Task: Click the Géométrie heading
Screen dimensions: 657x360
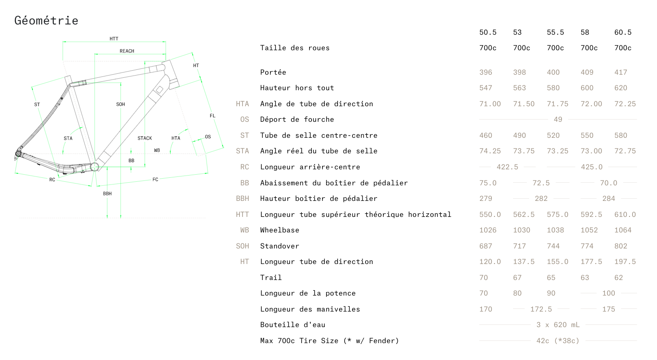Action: [46, 21]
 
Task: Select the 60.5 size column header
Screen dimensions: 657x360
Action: [623, 32]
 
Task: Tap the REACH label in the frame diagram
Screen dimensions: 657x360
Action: [127, 51]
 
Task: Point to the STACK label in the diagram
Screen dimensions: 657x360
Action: [145, 138]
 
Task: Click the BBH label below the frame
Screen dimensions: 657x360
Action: [107, 194]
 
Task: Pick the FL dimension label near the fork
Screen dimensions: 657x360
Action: [212, 116]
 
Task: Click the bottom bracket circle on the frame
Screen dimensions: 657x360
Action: [95, 167]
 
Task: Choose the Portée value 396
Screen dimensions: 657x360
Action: [486, 72]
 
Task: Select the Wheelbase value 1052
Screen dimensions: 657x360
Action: [589, 230]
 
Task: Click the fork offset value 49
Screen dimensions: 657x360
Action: [558, 120]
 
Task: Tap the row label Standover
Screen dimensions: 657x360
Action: [279, 246]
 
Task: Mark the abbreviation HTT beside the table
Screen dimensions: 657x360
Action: [242, 215]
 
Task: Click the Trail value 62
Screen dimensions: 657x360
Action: [619, 278]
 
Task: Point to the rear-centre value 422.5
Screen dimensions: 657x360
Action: [507, 167]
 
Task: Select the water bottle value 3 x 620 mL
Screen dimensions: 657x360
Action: [558, 325]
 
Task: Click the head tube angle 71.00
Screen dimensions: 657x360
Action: [490, 104]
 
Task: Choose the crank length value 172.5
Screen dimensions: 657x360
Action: [541, 309]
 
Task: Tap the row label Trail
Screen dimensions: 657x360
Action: [271, 278]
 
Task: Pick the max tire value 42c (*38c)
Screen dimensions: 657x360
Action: [558, 341]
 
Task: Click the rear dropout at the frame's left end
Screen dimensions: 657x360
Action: [18, 154]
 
